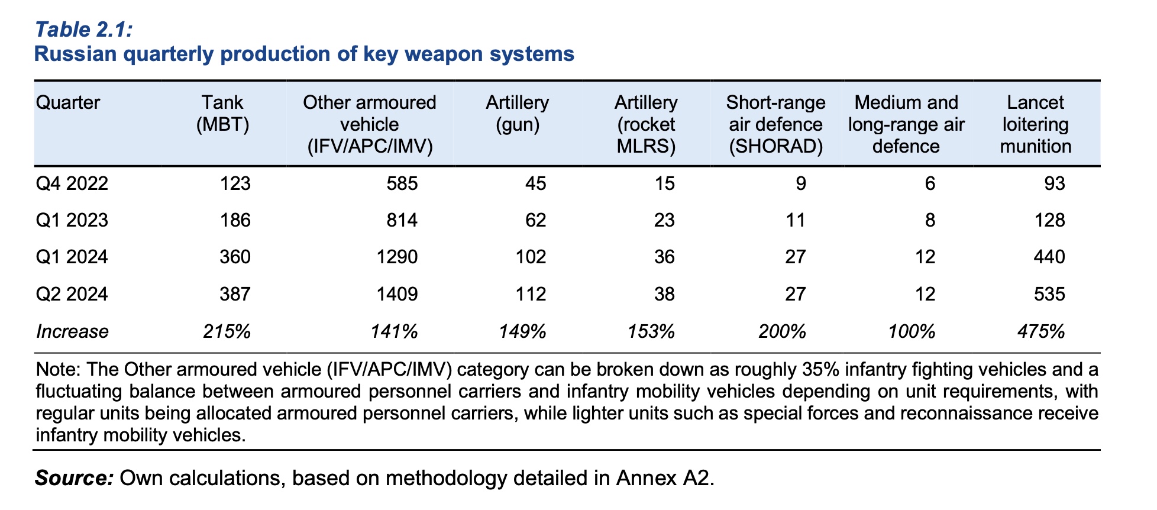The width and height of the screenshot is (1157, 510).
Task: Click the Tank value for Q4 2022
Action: [235, 183]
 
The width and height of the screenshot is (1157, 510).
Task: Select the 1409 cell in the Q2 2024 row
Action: [397, 294]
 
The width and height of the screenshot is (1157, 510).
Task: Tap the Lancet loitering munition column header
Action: [1035, 124]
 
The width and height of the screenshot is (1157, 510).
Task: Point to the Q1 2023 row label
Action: [72, 221]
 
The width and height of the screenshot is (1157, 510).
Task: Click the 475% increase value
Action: [1041, 331]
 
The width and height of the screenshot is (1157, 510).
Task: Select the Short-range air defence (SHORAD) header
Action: [775, 124]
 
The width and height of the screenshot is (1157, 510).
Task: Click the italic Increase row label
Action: [72, 331]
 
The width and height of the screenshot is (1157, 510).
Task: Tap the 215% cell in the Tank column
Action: [227, 331]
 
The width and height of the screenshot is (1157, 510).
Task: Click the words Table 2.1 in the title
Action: [83, 29]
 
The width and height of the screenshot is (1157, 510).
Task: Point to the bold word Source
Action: [74, 477]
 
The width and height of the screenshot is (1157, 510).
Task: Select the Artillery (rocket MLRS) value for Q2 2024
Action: [664, 294]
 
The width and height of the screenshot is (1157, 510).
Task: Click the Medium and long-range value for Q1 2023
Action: [930, 221]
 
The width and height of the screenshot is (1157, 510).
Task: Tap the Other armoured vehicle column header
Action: [369, 124]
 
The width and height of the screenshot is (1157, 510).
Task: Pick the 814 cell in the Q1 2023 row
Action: [402, 221]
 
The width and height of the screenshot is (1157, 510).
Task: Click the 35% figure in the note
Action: [822, 370]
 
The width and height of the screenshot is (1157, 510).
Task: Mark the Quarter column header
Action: [68, 102]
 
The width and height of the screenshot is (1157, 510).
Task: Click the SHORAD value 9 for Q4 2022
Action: [800, 183]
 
